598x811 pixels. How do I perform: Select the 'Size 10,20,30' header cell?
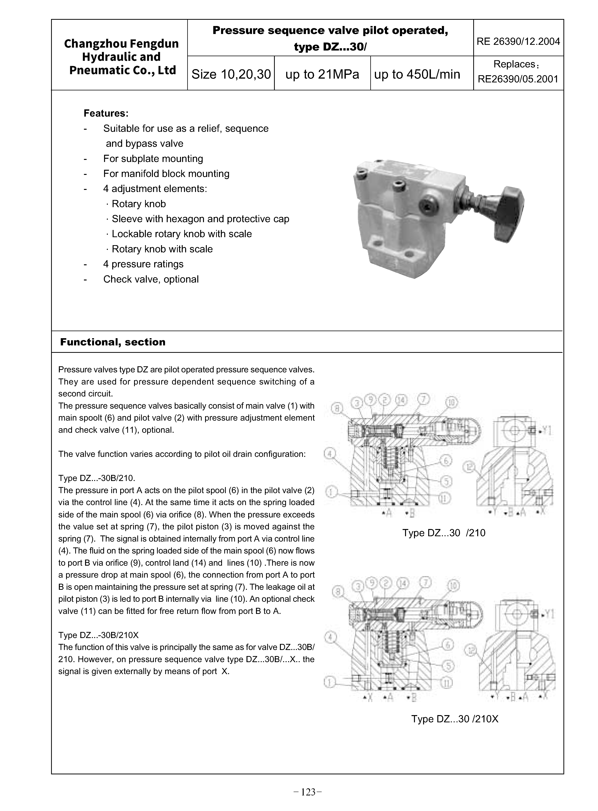click(x=231, y=74)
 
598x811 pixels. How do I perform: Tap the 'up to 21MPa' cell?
click(x=322, y=74)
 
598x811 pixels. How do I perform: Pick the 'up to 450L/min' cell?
click(x=417, y=74)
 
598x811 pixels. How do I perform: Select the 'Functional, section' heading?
click(x=113, y=342)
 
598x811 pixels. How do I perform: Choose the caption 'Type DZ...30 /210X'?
click(x=455, y=719)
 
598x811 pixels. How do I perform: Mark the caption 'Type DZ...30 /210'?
click(x=444, y=533)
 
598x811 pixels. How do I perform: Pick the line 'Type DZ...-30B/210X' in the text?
click(x=98, y=635)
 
